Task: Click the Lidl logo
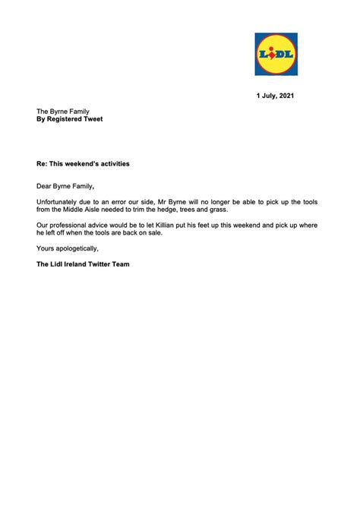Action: (x=276, y=54)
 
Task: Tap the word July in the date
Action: (x=266, y=96)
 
